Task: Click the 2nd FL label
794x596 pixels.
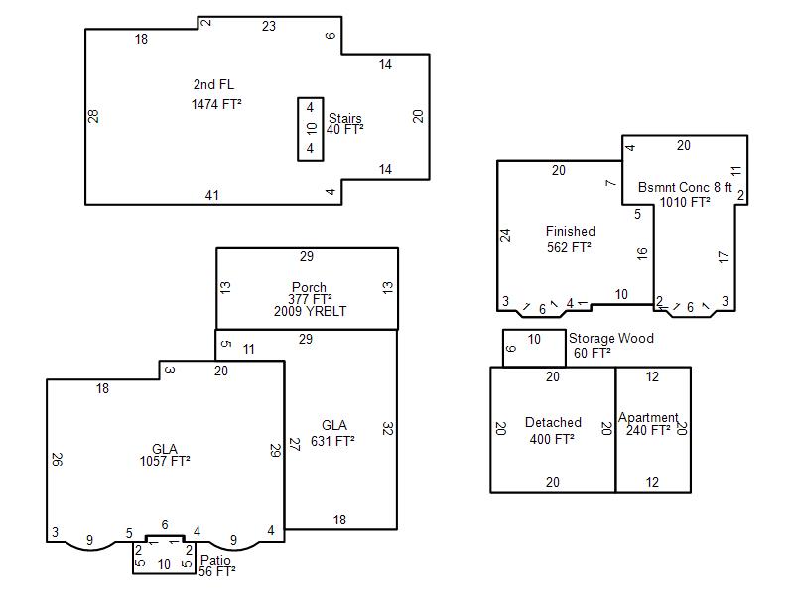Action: pyautogui.click(x=213, y=84)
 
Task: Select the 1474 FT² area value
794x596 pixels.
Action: pyautogui.click(x=216, y=104)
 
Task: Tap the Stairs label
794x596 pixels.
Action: pyautogui.click(x=344, y=118)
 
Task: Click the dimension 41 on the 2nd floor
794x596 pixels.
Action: pyautogui.click(x=212, y=195)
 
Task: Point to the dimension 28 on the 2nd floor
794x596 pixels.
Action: pyautogui.click(x=93, y=116)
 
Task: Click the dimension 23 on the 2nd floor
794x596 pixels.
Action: pyautogui.click(x=269, y=26)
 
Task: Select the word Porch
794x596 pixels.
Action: pyautogui.click(x=309, y=287)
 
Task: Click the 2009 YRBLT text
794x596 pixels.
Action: pyautogui.click(x=310, y=311)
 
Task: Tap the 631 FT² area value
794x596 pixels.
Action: pyautogui.click(x=332, y=441)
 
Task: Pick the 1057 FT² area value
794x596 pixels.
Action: pyautogui.click(x=165, y=461)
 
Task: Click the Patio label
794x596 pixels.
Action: pyautogui.click(x=215, y=560)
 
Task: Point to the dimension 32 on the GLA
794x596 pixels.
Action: pyautogui.click(x=388, y=429)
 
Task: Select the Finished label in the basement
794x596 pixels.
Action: pyautogui.click(x=570, y=231)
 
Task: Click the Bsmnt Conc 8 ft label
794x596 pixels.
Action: pyautogui.click(x=685, y=187)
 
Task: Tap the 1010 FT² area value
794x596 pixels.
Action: pyautogui.click(x=685, y=202)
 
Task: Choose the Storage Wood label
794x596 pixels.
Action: pyautogui.click(x=611, y=338)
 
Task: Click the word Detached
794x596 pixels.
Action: pyautogui.click(x=553, y=423)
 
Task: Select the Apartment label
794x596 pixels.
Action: pyautogui.click(x=648, y=417)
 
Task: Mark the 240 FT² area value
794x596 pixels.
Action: pyautogui.click(x=648, y=430)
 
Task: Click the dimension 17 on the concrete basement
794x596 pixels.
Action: pyautogui.click(x=724, y=256)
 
